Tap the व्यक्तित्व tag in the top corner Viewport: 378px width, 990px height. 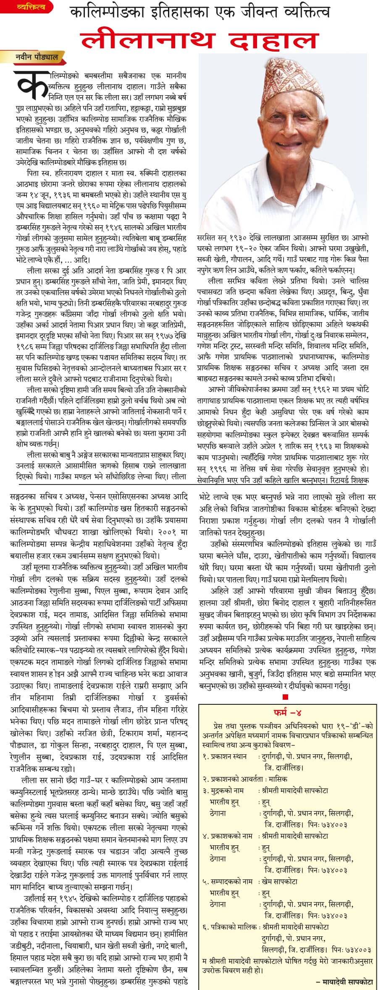(x=31, y=7)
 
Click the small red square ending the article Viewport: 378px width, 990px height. (x=285, y=697)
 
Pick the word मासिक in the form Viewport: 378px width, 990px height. (x=278, y=779)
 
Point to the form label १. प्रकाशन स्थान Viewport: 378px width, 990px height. (x=227, y=757)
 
